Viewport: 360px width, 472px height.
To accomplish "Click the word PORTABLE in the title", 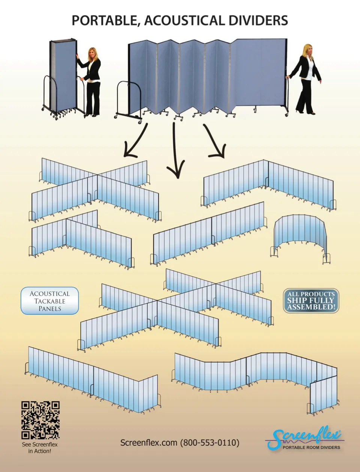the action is pos(106,21).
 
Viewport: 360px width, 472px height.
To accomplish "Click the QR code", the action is pos(40,420).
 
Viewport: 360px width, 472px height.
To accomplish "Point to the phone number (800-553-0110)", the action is pos(210,442).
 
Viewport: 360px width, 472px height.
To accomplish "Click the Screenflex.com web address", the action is pos(149,442).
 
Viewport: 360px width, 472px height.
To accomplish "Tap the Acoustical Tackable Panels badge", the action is pos(50,300).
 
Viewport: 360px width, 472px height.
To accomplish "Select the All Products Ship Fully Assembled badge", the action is pos(311,300).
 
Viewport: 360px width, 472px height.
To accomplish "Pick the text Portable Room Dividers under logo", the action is pos(311,448).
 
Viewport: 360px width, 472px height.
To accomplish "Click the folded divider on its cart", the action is pos(63,79).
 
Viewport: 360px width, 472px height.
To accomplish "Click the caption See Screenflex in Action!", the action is pos(40,448).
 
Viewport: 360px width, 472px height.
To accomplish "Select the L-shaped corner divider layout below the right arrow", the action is pos(268,185).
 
